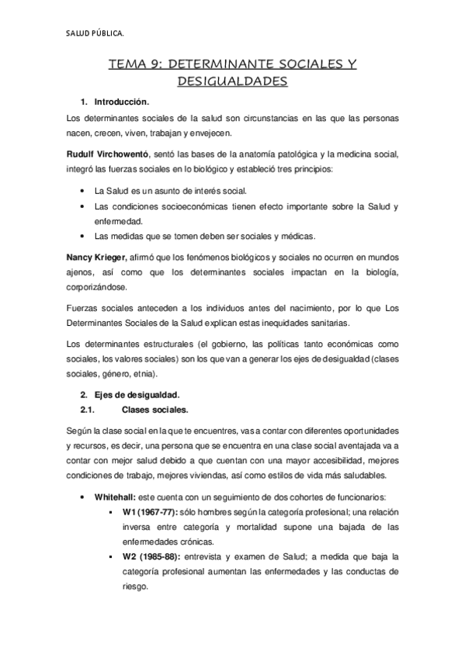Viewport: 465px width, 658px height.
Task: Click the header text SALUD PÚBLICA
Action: [x=93, y=33]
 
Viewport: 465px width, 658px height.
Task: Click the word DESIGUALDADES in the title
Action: [x=232, y=80]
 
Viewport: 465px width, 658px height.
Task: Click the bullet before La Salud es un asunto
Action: [x=83, y=191]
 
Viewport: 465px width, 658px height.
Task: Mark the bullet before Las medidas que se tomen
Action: [x=83, y=236]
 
